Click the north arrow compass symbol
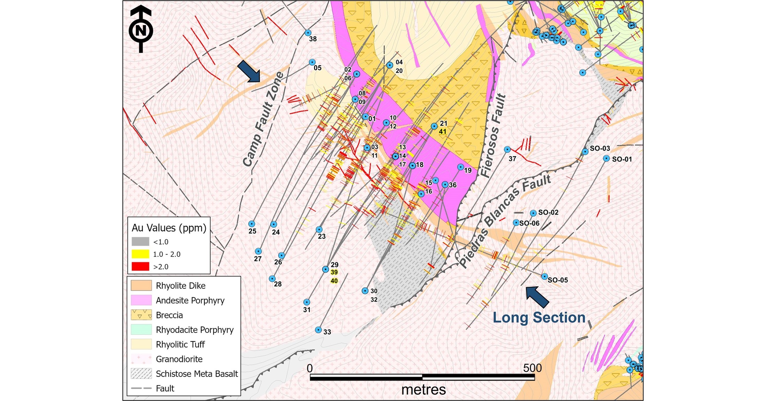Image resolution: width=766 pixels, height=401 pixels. (141, 30)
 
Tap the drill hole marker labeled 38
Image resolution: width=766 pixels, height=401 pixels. (308, 33)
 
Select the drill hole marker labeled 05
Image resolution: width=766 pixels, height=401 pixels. (312, 62)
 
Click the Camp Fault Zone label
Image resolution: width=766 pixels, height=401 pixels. (263, 119)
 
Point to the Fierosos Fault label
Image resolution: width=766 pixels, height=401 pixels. (493, 136)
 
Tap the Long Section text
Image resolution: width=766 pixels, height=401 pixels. (539, 318)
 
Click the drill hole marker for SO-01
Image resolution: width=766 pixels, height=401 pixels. (606, 159)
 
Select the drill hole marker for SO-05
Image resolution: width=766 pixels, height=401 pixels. (545, 277)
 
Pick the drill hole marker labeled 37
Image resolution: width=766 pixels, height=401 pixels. (507, 149)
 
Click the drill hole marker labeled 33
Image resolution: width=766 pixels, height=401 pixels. (318, 330)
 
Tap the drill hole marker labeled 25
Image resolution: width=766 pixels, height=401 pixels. (252, 224)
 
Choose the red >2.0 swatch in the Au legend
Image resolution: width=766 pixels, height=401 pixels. (140, 267)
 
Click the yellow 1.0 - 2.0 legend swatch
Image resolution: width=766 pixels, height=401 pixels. (140, 254)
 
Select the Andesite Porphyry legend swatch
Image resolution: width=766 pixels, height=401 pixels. (141, 300)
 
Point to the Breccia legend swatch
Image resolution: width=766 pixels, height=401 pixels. (141, 315)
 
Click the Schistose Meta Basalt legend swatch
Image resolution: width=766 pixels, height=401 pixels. (141, 373)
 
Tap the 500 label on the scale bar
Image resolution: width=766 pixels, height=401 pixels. (532, 368)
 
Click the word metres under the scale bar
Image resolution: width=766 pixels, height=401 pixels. (423, 390)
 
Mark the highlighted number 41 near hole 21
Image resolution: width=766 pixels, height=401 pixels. (443, 132)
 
